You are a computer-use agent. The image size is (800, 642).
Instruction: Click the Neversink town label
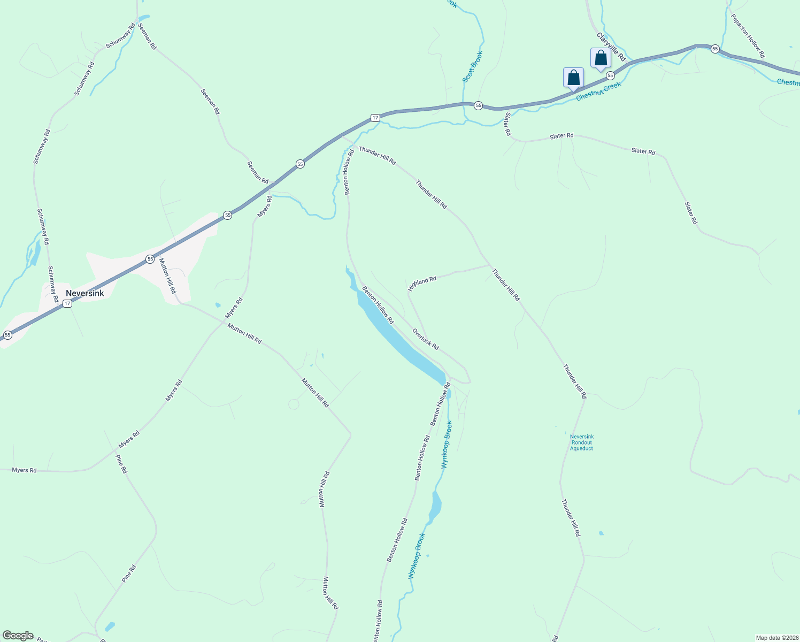[84, 293]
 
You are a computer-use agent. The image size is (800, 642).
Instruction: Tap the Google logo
[18, 636]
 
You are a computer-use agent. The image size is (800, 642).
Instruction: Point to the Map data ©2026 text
[776, 638]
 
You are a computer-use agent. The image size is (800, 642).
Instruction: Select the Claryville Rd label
[611, 47]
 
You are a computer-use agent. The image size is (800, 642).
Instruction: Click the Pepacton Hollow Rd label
[748, 36]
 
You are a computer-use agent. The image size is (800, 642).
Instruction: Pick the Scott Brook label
[473, 67]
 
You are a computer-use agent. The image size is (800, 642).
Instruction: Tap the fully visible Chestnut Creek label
[598, 91]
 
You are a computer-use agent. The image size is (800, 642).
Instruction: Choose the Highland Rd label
[422, 283]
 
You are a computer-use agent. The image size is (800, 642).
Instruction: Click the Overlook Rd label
[426, 339]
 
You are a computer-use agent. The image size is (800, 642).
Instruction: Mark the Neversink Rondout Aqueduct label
[581, 442]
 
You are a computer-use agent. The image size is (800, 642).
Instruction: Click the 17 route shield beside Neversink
[67, 303]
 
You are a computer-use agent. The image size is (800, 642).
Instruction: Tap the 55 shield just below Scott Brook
[479, 105]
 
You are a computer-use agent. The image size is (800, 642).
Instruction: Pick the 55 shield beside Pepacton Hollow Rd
[715, 49]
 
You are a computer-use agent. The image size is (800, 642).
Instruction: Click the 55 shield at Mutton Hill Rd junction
[150, 259]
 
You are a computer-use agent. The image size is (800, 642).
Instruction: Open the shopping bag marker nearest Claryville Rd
[601, 58]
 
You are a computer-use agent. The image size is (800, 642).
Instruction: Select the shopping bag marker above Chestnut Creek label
[573, 78]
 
